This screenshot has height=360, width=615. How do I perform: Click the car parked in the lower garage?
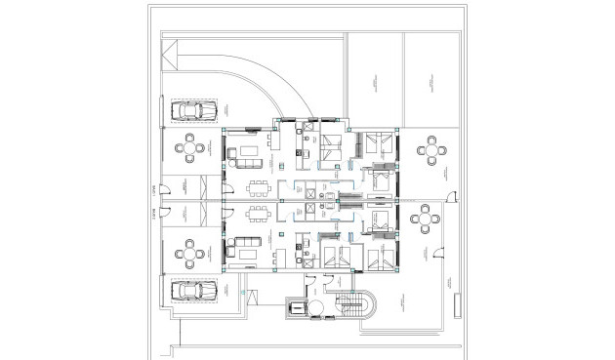point(193,290)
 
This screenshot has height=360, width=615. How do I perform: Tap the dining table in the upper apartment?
point(257,187)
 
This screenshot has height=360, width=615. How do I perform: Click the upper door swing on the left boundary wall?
point(167,188)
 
